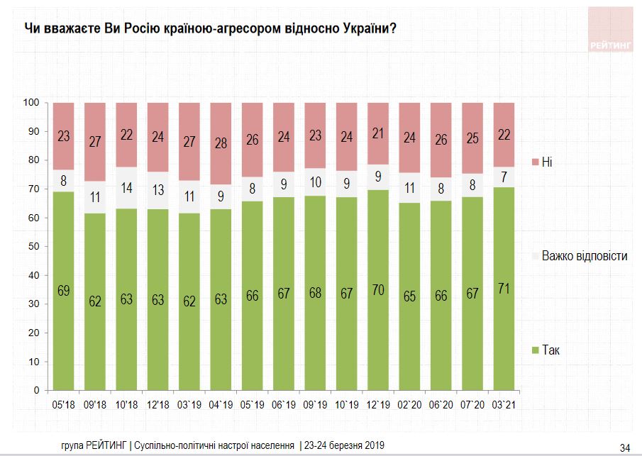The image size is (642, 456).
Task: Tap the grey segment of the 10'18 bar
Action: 126,188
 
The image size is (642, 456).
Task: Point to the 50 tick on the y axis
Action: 32,247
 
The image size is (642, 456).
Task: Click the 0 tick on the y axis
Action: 35,391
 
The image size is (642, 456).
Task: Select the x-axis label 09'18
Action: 95,406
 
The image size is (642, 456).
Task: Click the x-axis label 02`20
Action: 409,406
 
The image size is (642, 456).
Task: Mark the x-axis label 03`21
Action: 504,406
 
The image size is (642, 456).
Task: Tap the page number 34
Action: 625,446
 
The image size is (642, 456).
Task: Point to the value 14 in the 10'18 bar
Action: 126,189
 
